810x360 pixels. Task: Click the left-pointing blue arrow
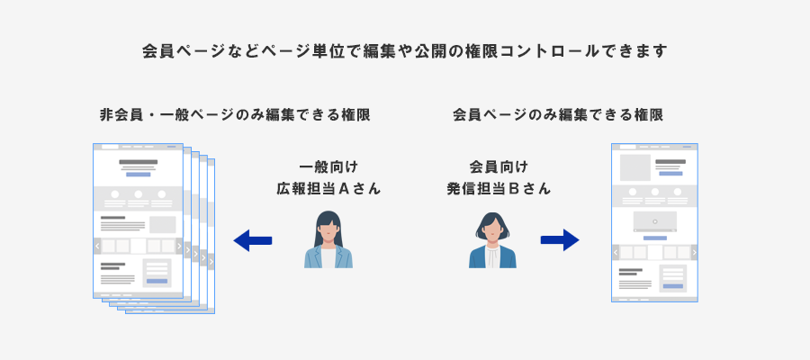click(x=252, y=240)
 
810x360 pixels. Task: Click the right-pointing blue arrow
click(x=559, y=240)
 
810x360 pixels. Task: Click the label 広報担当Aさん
click(x=328, y=189)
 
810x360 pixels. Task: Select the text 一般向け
click(x=328, y=166)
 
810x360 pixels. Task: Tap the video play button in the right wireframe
click(x=654, y=220)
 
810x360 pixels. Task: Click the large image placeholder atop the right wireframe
click(x=634, y=167)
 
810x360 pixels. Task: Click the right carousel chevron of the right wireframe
click(x=692, y=253)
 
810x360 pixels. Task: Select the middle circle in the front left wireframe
click(x=139, y=194)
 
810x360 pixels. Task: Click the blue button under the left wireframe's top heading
click(x=139, y=175)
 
